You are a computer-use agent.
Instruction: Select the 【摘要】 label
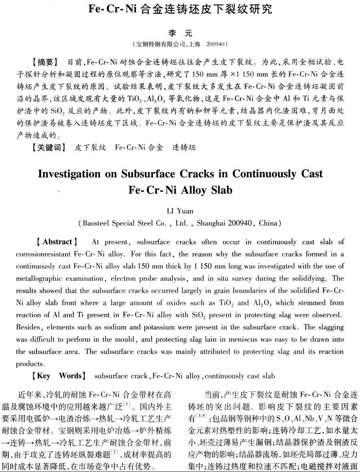point(44,62)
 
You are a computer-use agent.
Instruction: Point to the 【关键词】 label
point(48,148)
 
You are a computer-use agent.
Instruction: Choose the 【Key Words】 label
point(59,376)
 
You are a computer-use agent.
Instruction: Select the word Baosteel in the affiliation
point(97,223)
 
